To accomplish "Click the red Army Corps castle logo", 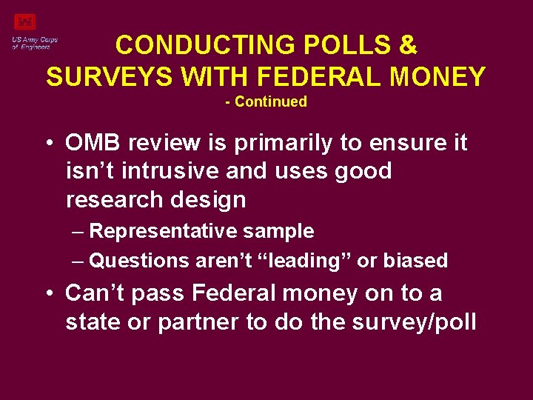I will coord(25,23).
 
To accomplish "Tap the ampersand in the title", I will coord(408,45).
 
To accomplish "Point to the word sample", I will coord(281,231).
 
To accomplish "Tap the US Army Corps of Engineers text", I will coord(35,43).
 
